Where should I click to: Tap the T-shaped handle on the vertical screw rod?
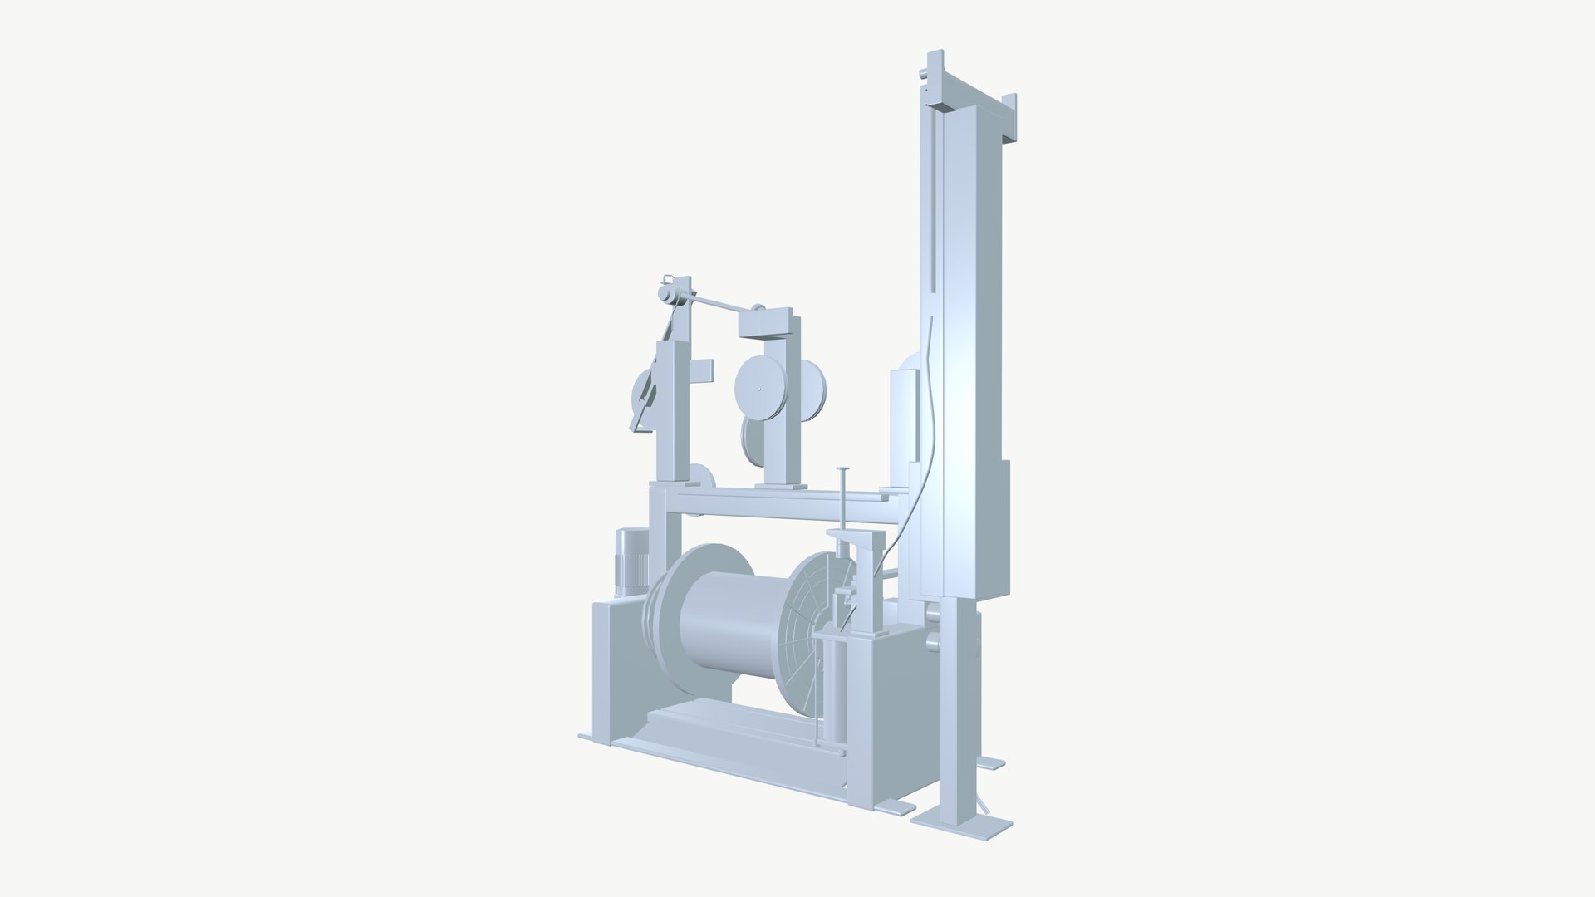point(842,471)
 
